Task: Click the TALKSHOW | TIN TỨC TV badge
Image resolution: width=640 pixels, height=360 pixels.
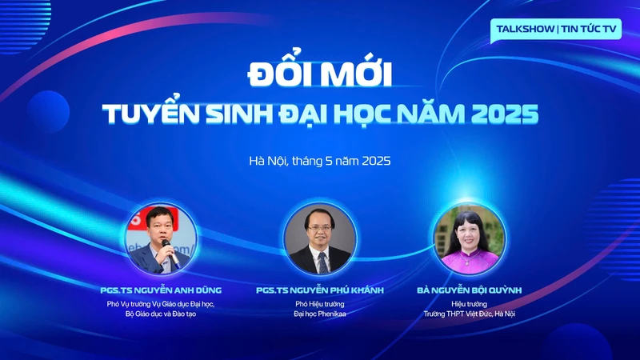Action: click(x=556, y=30)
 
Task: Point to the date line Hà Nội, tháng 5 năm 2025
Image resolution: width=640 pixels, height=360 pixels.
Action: click(x=320, y=161)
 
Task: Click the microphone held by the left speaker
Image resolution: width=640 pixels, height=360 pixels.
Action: click(x=170, y=254)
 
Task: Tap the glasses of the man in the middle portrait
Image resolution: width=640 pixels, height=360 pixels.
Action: click(x=319, y=228)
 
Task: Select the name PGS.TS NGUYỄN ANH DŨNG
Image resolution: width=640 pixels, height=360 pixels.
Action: click(x=161, y=290)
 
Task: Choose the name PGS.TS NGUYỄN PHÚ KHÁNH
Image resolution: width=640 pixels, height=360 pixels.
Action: click(x=320, y=290)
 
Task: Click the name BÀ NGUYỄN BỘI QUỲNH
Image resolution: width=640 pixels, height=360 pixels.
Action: click(x=470, y=290)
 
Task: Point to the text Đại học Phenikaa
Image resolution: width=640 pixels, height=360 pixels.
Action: click(x=320, y=314)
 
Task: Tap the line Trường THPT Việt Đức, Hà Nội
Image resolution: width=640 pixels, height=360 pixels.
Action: click(x=470, y=314)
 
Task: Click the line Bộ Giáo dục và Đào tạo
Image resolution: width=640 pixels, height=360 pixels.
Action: click(x=161, y=314)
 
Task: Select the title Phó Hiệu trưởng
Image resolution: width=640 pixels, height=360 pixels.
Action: click(x=320, y=304)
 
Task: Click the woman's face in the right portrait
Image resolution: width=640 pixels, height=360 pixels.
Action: click(x=468, y=235)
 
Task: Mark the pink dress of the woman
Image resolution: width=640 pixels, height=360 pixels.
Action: click(x=470, y=262)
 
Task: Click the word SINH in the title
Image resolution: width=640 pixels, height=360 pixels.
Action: click(x=238, y=114)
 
